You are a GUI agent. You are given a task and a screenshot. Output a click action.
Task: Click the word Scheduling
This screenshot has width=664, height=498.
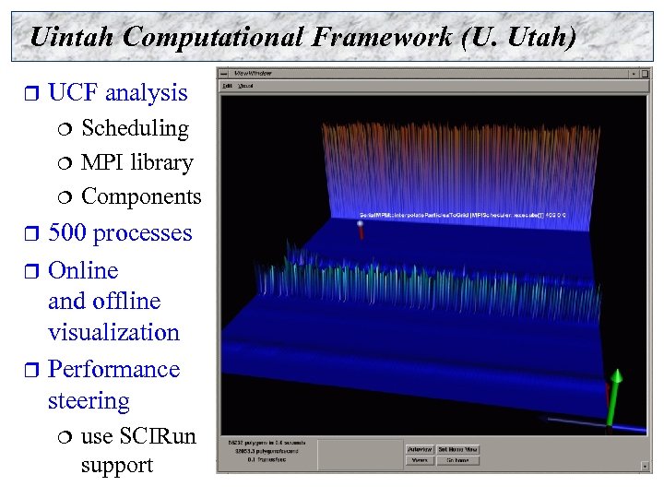tap(135, 128)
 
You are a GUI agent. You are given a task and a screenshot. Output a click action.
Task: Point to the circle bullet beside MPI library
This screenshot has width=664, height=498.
tap(65, 163)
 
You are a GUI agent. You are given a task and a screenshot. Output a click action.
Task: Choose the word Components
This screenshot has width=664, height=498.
tap(141, 196)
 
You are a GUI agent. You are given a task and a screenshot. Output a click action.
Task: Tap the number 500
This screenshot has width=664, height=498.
tap(69, 232)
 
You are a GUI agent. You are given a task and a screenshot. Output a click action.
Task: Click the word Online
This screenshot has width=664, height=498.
tap(83, 270)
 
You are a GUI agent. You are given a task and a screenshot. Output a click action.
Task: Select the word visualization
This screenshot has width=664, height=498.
tap(113, 332)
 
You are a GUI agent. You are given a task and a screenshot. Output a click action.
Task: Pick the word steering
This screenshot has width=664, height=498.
tap(89, 401)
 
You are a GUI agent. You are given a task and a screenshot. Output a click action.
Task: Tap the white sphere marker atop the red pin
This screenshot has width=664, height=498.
tap(360, 223)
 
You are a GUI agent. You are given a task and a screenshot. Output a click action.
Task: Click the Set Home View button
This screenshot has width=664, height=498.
tap(457, 449)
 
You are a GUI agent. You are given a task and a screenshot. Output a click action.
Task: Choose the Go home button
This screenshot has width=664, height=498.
tap(457, 460)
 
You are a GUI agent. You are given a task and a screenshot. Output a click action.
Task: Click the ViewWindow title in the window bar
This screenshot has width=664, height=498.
tap(254, 73)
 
